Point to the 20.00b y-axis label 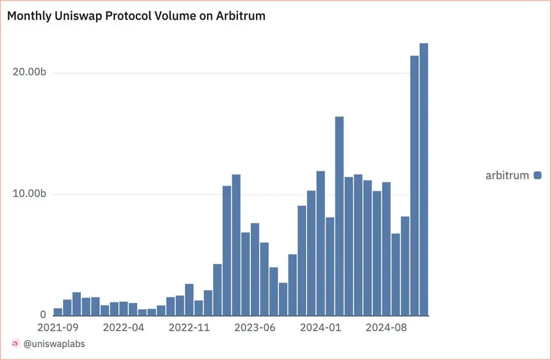[x=29, y=72]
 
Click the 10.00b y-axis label [x=29, y=194]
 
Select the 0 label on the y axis [x=43, y=314]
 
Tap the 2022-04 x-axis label [x=124, y=328]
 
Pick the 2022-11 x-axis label [x=189, y=328]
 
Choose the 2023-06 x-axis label [x=255, y=328]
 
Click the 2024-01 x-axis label [x=320, y=328]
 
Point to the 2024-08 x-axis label [x=386, y=328]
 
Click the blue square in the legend [x=538, y=176]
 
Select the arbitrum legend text [x=507, y=176]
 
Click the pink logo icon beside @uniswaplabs [x=15, y=344]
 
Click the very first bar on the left [x=58, y=312]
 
